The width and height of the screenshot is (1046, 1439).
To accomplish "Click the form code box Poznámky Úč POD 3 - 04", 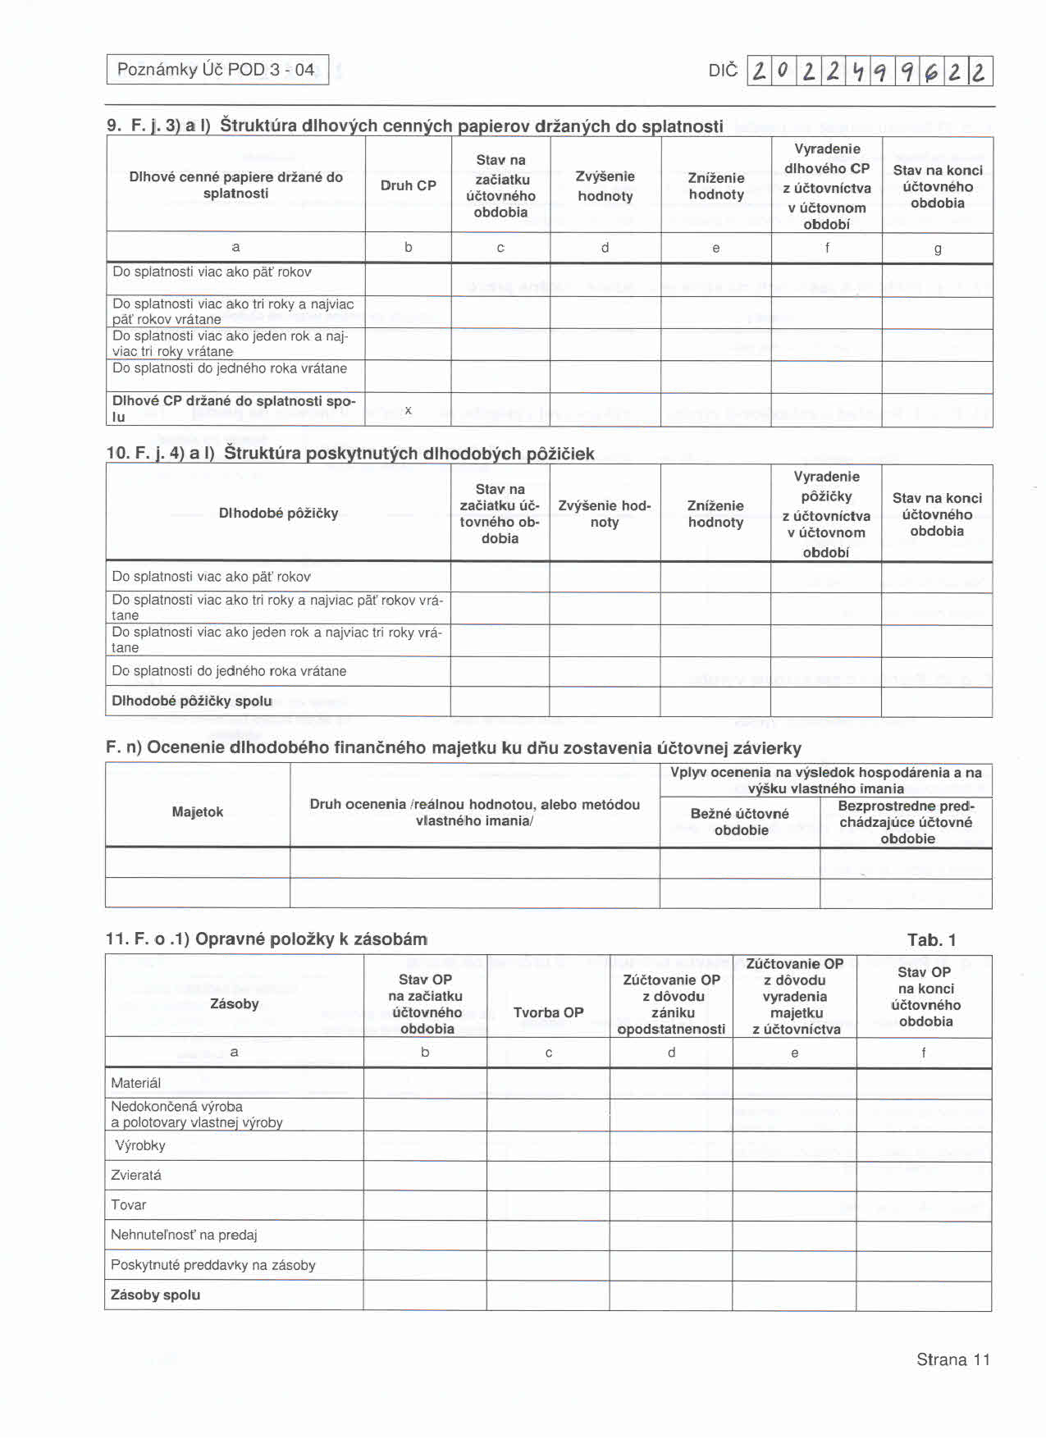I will [217, 70].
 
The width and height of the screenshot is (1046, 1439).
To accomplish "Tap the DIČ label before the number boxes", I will [722, 71].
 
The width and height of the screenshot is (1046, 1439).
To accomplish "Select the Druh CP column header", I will [408, 185].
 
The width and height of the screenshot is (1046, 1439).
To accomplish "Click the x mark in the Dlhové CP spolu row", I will [408, 409].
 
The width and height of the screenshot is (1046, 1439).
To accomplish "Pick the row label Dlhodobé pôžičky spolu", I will [192, 701].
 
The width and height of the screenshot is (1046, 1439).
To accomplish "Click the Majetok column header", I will [198, 811].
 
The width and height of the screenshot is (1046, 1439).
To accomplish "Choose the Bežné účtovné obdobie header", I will [740, 821].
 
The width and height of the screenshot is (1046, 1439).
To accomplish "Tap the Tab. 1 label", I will [931, 940].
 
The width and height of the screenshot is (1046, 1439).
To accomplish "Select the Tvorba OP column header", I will [548, 1012].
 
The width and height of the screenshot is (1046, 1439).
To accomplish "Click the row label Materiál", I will [136, 1083].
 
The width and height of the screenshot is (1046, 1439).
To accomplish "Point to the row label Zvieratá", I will [136, 1175].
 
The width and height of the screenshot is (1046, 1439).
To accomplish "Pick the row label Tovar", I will [129, 1204].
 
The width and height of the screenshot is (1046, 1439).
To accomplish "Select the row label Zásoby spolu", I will [156, 1295].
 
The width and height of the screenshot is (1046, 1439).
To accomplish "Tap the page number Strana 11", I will [952, 1359].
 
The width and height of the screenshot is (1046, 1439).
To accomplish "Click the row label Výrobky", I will [140, 1145].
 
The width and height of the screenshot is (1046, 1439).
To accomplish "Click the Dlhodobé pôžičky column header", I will [278, 513].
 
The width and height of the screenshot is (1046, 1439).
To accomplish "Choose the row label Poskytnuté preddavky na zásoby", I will [213, 1264].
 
